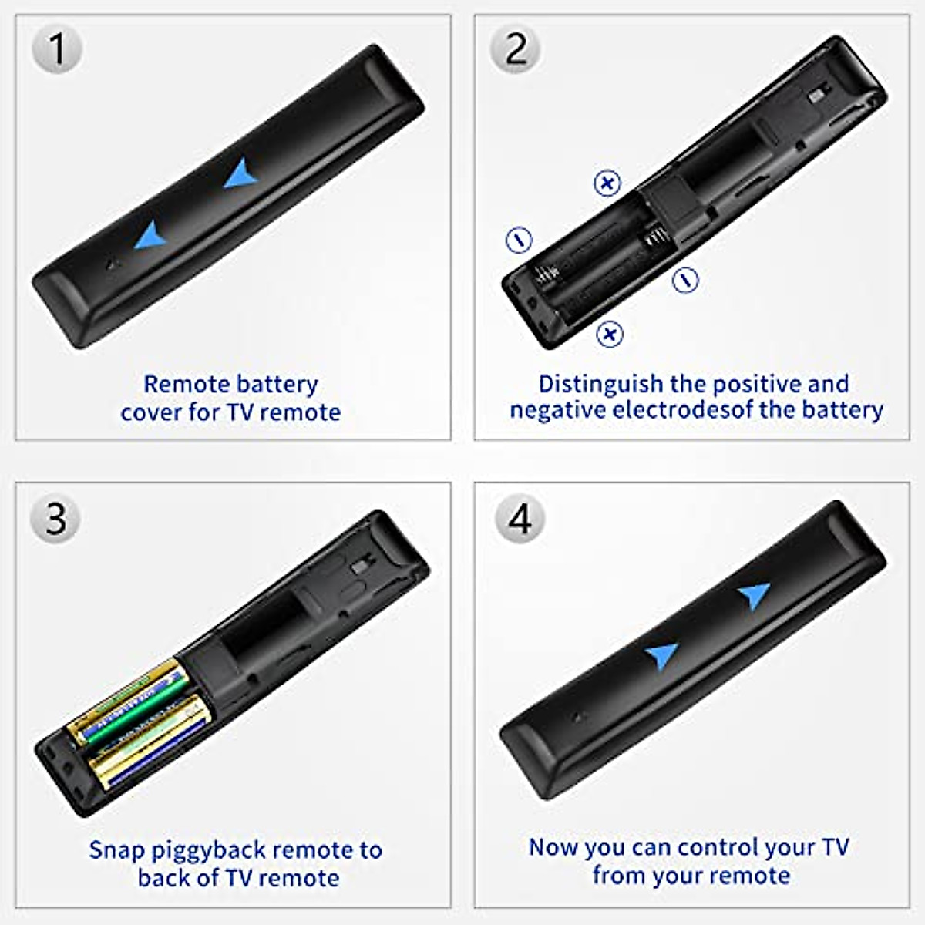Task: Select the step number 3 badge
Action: point(55,519)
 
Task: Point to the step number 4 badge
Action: point(520,519)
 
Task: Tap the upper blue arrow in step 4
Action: point(755,595)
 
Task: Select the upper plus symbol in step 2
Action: point(607,183)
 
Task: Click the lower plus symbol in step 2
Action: point(610,334)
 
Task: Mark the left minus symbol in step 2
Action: point(519,239)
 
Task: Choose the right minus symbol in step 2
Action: point(685,279)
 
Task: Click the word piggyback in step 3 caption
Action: point(208,850)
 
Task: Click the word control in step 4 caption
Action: point(685,847)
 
